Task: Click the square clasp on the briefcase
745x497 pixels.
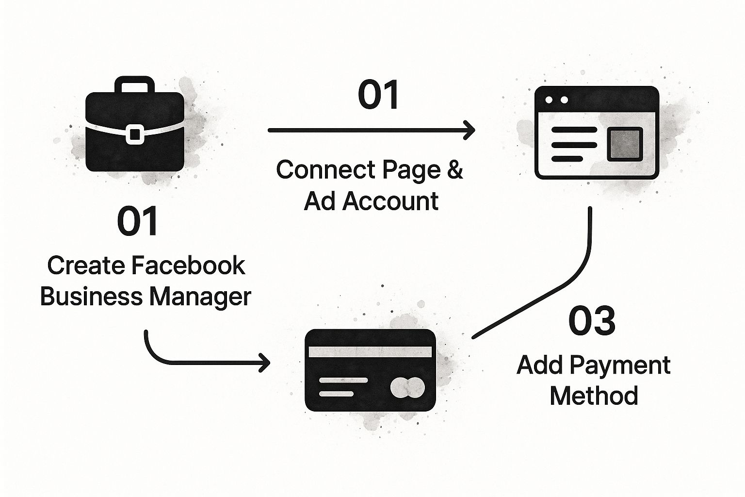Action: (134, 133)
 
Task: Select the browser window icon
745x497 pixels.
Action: (596, 133)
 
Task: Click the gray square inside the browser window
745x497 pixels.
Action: (625, 144)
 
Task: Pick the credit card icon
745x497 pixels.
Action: (370, 370)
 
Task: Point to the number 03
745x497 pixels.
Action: (592, 321)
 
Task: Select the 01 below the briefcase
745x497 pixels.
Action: (138, 221)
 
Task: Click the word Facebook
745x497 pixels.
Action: (188, 265)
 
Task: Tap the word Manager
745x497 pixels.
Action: (200, 296)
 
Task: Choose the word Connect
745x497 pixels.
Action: (325, 170)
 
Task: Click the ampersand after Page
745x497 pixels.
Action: (454, 170)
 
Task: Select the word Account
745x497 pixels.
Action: (390, 200)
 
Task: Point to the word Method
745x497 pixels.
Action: (594, 396)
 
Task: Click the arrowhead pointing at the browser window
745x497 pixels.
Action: (469, 130)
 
